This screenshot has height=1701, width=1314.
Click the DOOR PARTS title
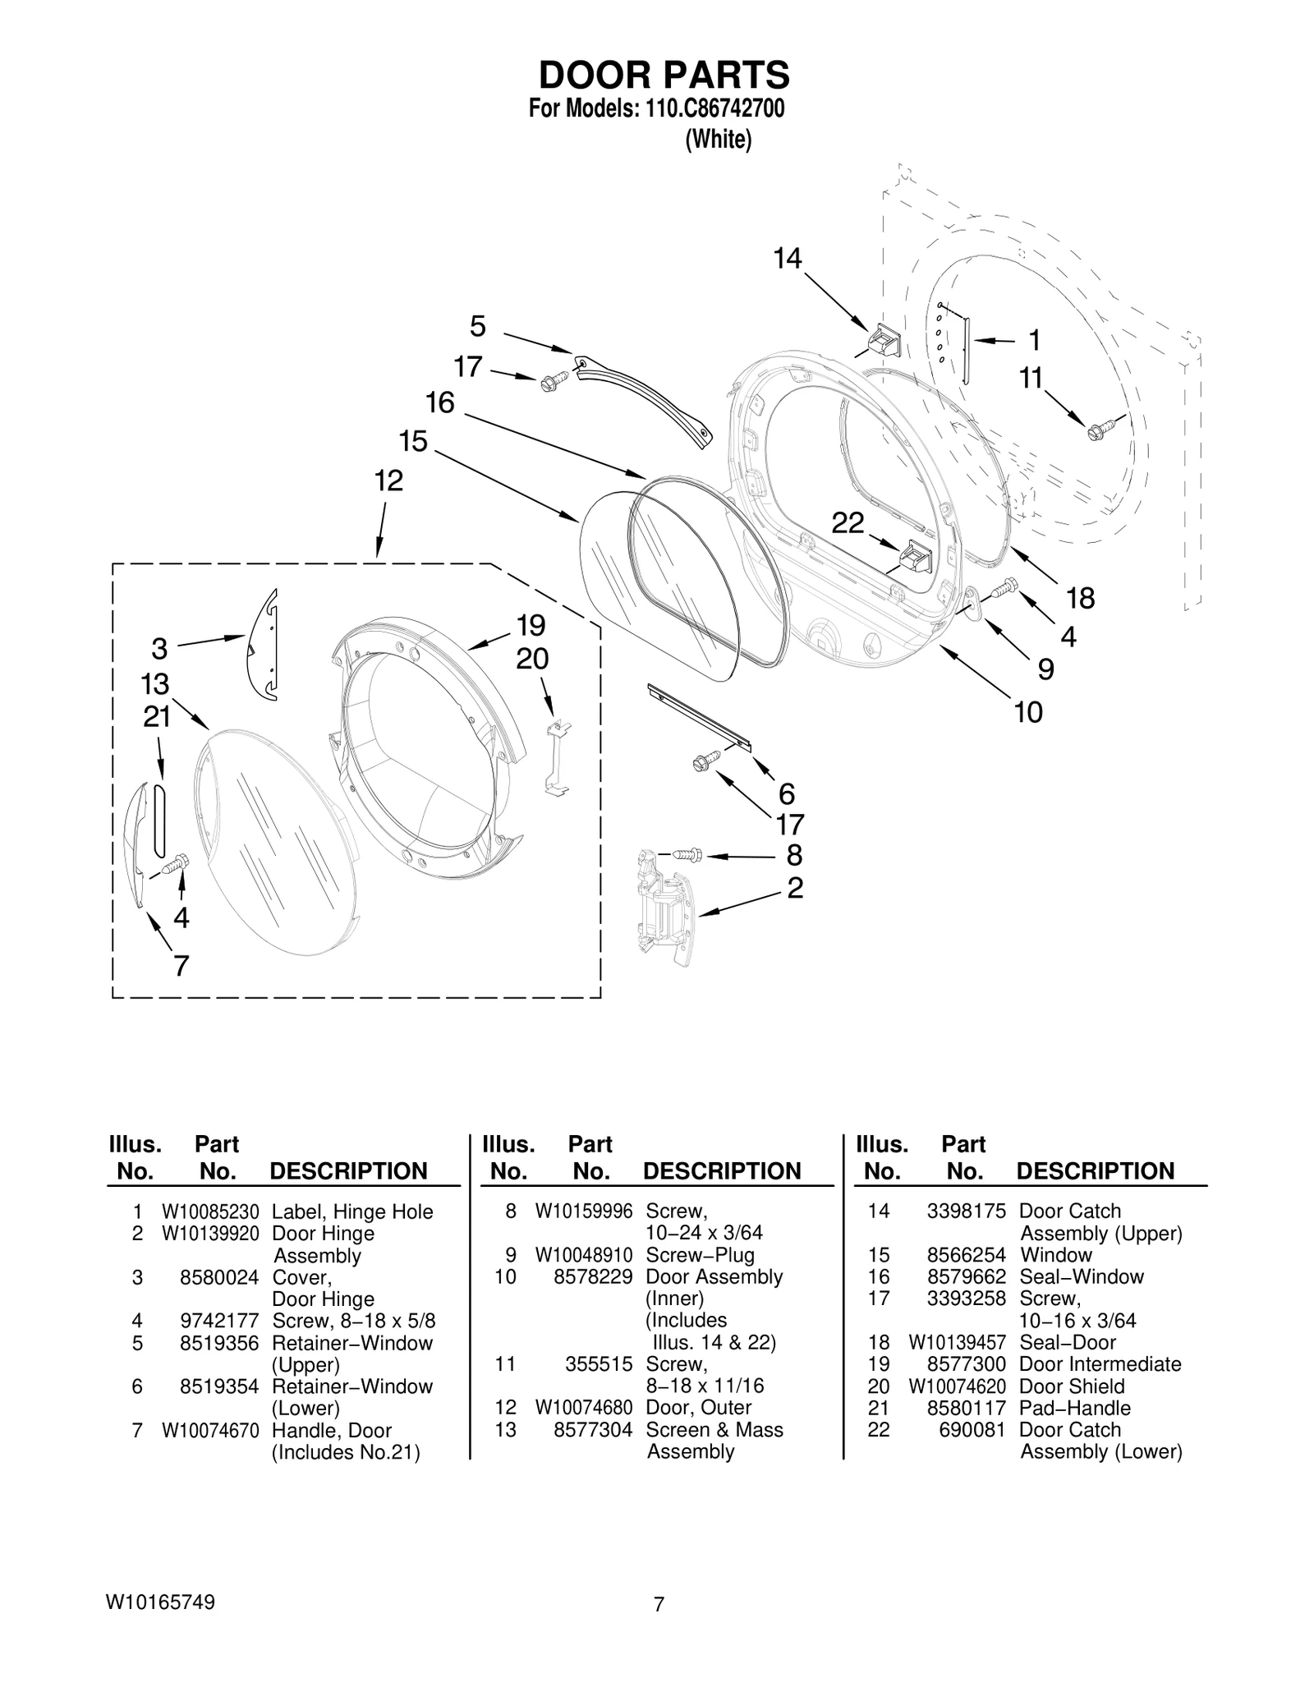point(664,75)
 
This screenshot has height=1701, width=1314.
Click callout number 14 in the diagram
point(787,259)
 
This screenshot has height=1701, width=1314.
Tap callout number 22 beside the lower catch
point(848,522)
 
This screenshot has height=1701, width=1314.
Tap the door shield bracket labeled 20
point(558,756)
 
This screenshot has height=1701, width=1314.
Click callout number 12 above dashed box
point(388,480)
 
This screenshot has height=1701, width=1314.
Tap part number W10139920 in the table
point(210,1233)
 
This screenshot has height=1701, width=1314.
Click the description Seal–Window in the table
point(1081,1276)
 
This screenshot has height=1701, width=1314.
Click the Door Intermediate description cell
point(1100,1363)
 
